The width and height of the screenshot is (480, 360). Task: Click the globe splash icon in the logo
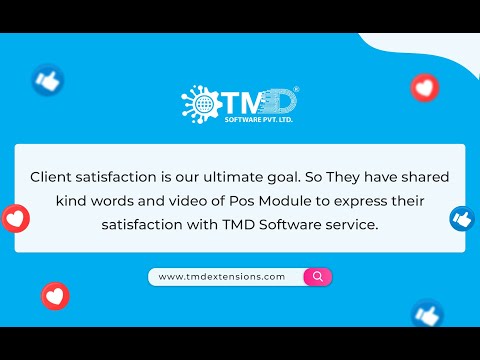tap(198, 102)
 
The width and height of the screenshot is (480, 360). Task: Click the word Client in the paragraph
tap(52, 176)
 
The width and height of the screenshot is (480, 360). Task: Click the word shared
tap(426, 176)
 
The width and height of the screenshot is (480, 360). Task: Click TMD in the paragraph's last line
tap(239, 225)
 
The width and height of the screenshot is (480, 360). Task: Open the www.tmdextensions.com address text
tap(222, 276)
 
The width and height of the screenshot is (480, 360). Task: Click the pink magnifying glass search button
tap(318, 276)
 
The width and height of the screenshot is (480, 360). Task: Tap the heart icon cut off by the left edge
tap(13, 217)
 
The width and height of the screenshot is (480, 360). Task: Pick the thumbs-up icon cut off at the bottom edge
tap(427, 316)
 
